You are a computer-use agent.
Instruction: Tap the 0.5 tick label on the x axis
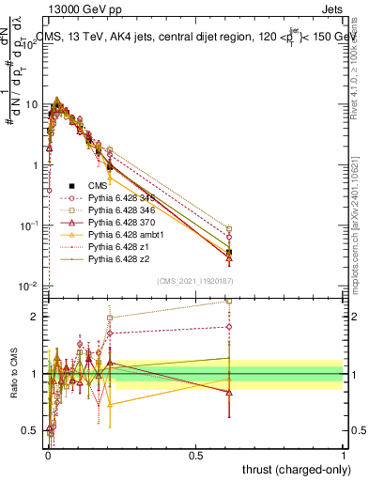(x=195, y=455)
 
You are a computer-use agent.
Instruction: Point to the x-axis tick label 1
(x=344, y=455)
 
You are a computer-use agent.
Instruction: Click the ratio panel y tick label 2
(x=36, y=317)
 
